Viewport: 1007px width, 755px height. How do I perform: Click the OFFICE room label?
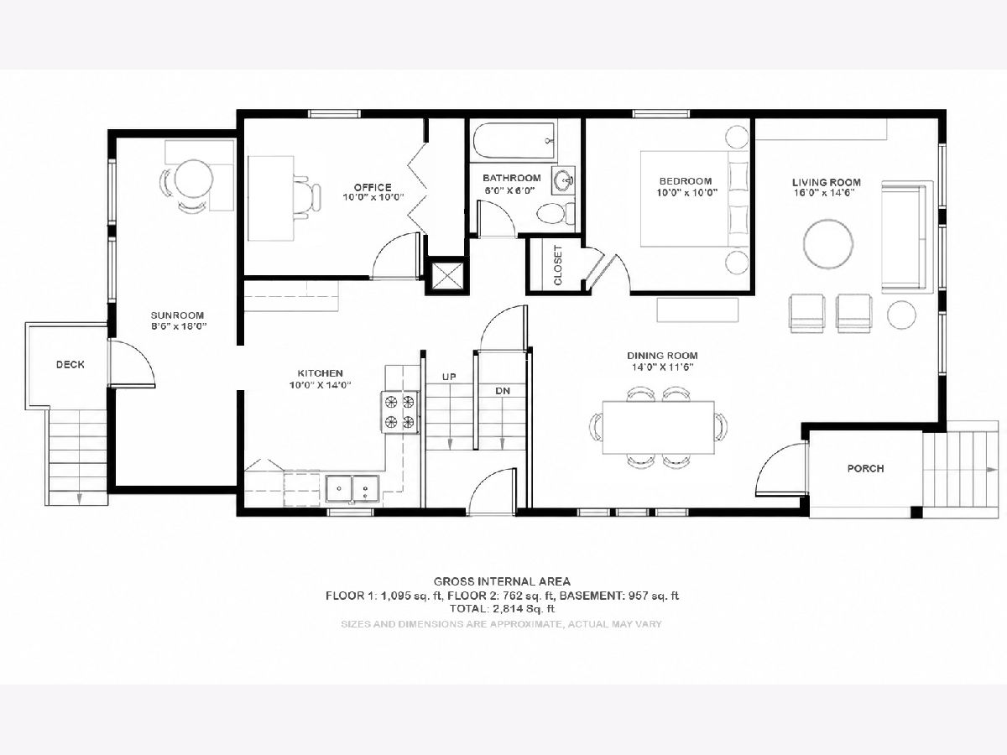(373, 187)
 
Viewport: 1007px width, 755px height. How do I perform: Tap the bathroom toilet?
(556, 213)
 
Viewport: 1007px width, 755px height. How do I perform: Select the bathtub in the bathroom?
(514, 140)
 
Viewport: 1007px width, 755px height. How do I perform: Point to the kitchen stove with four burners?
(400, 412)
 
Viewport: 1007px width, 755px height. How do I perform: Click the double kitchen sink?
(352, 489)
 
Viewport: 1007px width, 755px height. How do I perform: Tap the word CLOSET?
(558, 265)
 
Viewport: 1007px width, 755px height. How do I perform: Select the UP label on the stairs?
(449, 377)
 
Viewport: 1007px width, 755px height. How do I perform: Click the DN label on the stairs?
(503, 391)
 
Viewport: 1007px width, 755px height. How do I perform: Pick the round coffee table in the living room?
(828, 243)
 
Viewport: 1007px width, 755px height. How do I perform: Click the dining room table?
(659, 427)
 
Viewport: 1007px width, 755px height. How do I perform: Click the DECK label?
(70, 364)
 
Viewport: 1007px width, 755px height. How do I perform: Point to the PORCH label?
(866, 468)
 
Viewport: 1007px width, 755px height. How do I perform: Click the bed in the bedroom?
(695, 199)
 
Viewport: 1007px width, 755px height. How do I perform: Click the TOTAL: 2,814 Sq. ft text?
(502, 609)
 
